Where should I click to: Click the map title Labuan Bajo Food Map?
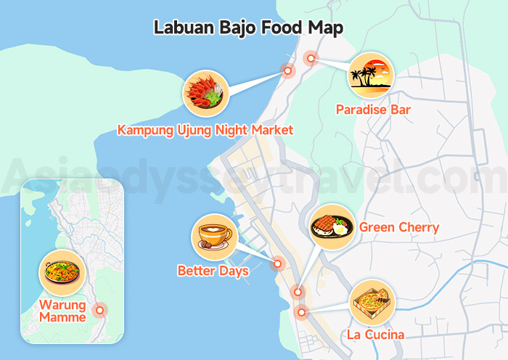[x=248, y=28]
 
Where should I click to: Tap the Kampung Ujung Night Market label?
[x=205, y=131]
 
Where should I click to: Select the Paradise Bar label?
[x=373, y=110]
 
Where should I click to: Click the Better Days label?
[x=213, y=271]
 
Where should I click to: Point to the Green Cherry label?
[x=399, y=228]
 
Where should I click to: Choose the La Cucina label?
[x=375, y=335]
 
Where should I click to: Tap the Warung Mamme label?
[x=62, y=311]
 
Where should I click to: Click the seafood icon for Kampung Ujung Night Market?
[x=206, y=94]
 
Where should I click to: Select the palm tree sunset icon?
[x=371, y=75]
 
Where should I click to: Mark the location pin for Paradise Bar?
[x=311, y=59]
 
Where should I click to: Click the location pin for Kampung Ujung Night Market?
[x=288, y=71]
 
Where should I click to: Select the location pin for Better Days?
[x=276, y=264]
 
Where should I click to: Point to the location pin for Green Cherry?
[x=297, y=292]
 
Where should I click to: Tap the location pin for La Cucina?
[x=302, y=313]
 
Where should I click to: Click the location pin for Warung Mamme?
[x=100, y=310]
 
